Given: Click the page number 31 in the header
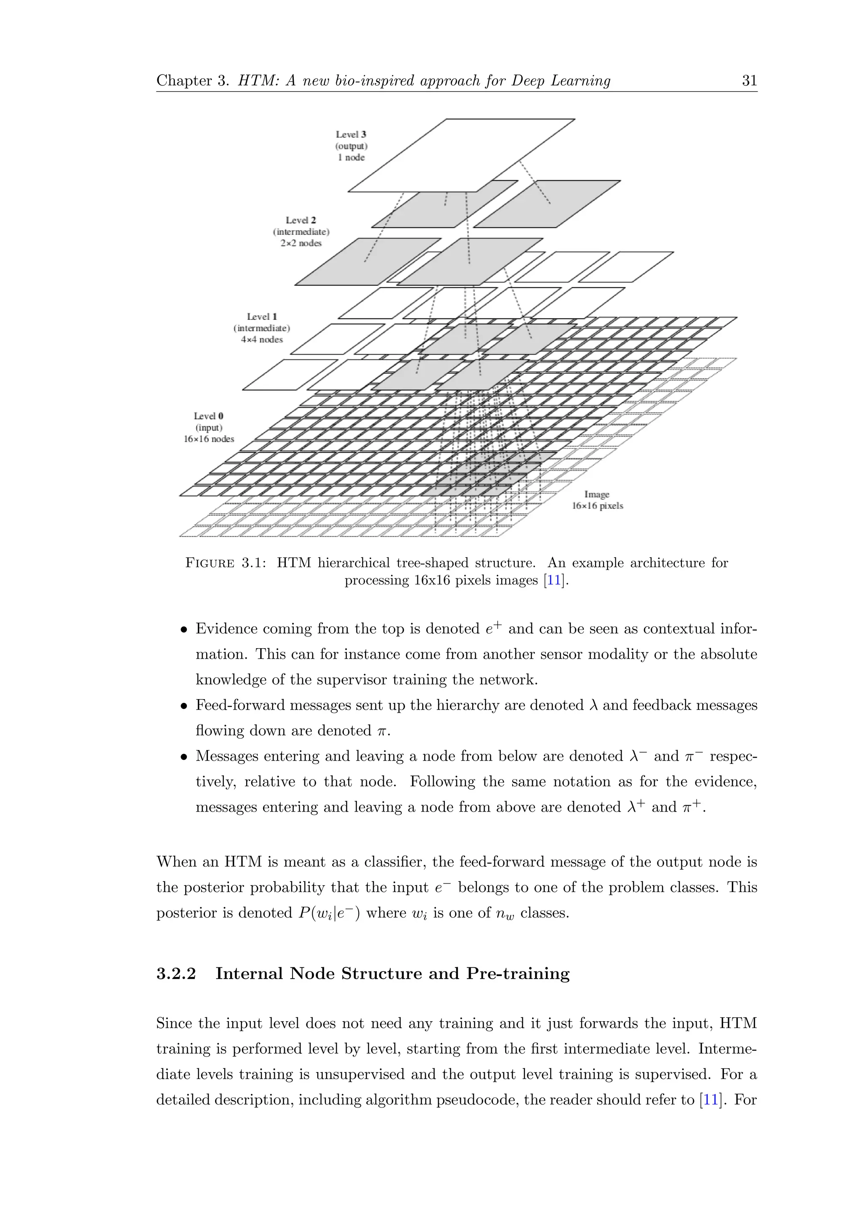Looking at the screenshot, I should [x=749, y=81].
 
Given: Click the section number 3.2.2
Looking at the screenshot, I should [x=176, y=974].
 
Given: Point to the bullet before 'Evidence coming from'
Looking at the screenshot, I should [x=184, y=630].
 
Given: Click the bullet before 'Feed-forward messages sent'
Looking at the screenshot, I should [x=184, y=706].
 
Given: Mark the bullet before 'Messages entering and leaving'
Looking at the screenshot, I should [x=184, y=757].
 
